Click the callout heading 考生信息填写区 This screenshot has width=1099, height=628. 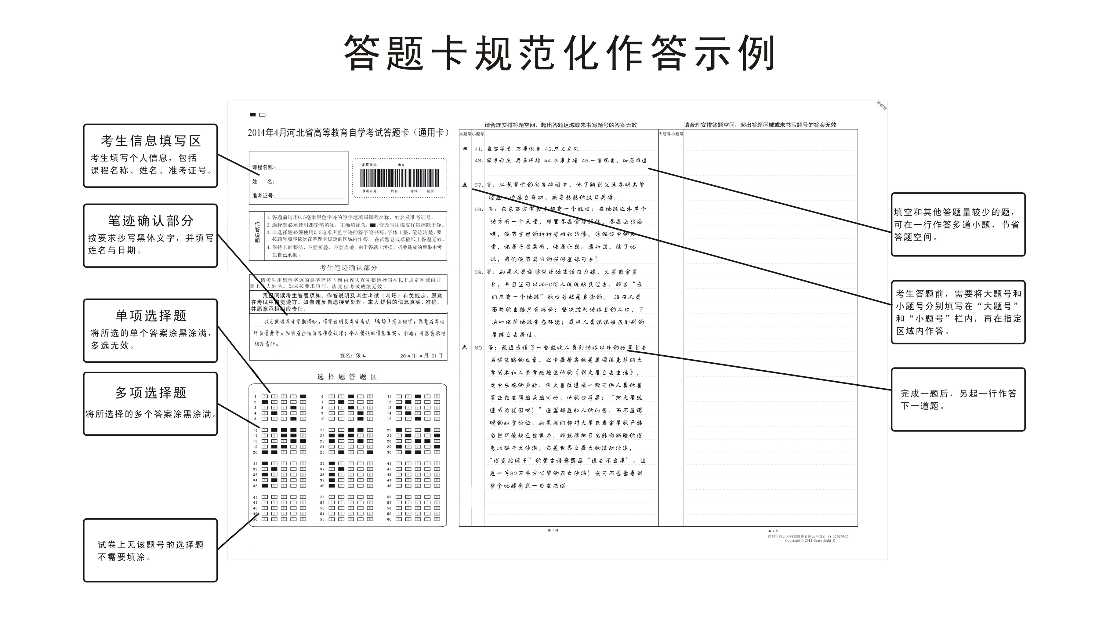pos(151,141)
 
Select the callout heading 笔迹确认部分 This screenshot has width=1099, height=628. pos(151,221)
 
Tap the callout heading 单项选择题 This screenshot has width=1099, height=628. pos(151,316)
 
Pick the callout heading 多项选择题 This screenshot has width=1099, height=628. pos(151,393)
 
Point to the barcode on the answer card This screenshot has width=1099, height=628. pos(399,178)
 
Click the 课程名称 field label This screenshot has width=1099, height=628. pos(263,167)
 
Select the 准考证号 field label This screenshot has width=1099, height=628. pos(263,196)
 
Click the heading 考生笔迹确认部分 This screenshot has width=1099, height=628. pos(348,268)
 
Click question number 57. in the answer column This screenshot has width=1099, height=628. pos(478,185)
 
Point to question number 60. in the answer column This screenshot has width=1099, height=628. pos(478,348)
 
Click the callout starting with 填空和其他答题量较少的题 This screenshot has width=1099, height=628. pos(958,224)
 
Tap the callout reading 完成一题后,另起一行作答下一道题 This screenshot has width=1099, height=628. pos(958,399)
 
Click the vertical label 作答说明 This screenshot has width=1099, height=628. pos(257,233)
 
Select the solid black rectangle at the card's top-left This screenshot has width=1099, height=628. pos(253,115)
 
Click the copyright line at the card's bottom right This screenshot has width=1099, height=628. pos(809,540)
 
